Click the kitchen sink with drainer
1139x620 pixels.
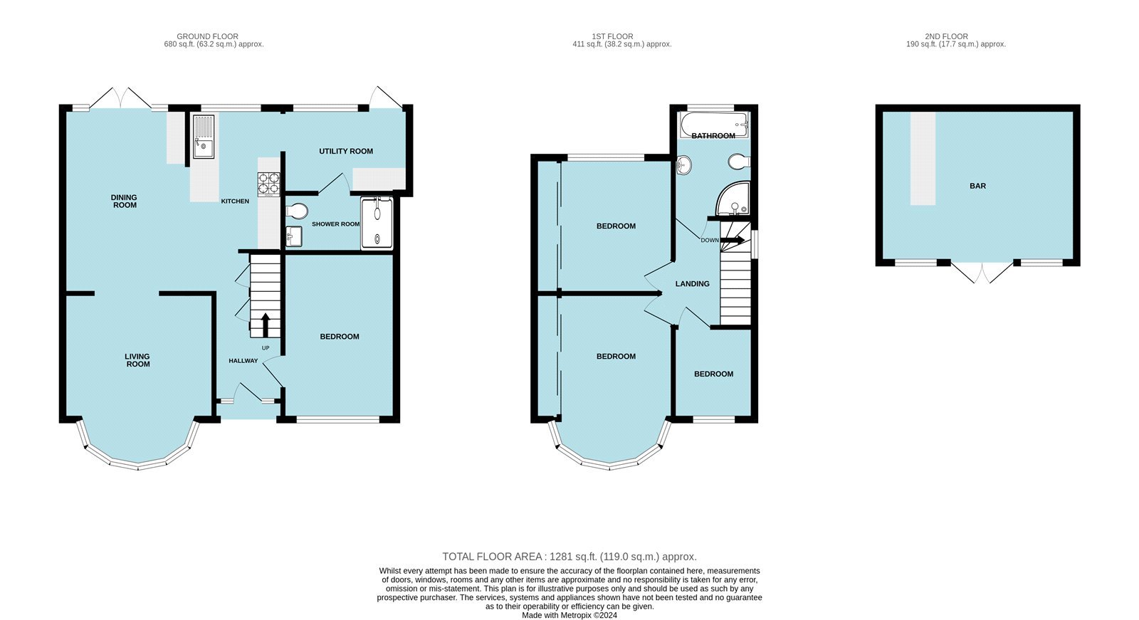[x=203, y=137]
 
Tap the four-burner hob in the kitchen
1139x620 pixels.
[x=268, y=184]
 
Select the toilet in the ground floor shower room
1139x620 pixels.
[x=298, y=211]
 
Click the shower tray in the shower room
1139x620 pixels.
[x=377, y=223]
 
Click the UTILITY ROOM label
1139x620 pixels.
[x=346, y=151]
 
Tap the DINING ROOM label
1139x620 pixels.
[x=124, y=201]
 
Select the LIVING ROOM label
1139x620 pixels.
[x=137, y=360]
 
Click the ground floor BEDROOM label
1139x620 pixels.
[x=339, y=337]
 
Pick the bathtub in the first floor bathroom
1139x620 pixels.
[x=713, y=125]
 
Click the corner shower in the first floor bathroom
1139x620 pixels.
[x=734, y=199]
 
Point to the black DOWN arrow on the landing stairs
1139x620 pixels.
[x=733, y=241]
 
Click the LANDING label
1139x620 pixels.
[x=692, y=284]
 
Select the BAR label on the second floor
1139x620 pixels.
[x=977, y=186]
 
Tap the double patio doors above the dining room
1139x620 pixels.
[x=120, y=98]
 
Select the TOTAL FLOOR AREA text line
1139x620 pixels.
[x=569, y=557]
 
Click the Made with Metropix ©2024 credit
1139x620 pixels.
[x=569, y=615]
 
